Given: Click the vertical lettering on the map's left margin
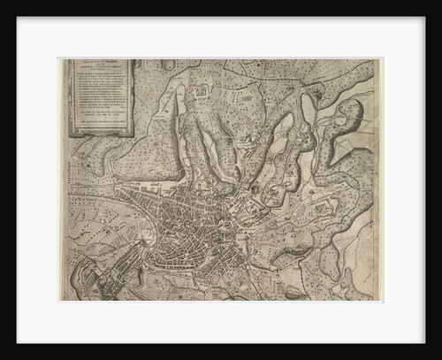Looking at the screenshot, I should (64, 177).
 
